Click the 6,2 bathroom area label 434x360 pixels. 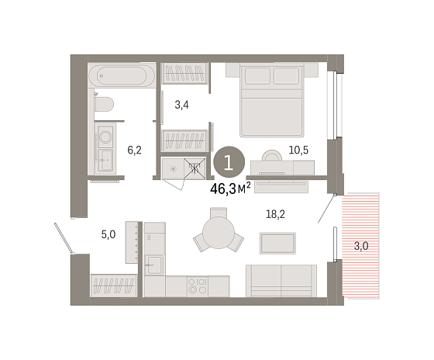(134, 151)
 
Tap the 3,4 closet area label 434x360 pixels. (181, 105)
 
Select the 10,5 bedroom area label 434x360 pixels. (298, 151)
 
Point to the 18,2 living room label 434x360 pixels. (275, 214)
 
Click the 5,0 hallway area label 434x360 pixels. (108, 235)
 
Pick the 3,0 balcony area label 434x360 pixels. (361, 246)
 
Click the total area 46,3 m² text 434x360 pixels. (230, 189)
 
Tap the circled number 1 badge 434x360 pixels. (229, 162)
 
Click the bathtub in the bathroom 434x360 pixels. (122, 75)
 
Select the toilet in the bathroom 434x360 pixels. (104, 104)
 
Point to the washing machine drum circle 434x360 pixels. (105, 137)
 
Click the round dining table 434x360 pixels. (219, 233)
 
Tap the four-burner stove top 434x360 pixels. (198, 286)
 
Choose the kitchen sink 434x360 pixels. (154, 265)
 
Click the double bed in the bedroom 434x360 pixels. (271, 100)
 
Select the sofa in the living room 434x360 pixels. (281, 281)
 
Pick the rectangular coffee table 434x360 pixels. (277, 244)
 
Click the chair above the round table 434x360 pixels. (219, 213)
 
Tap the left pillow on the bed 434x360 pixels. (257, 76)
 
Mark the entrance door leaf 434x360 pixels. (64, 239)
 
